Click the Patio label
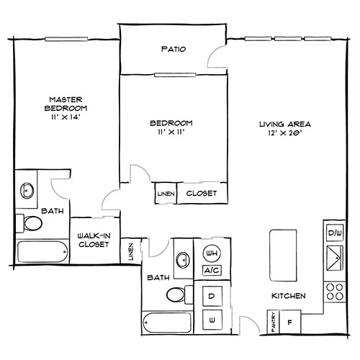coord(173,50)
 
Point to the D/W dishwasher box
coord(334,234)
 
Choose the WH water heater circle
coord(212,253)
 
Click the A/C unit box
coord(212,271)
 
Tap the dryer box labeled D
coord(212,295)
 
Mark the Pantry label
coord(274,320)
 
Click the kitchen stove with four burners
coord(334,290)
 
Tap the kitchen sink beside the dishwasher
coord(334,256)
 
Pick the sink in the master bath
coord(27,191)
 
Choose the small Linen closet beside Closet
coord(164,194)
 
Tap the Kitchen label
coord(289,296)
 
